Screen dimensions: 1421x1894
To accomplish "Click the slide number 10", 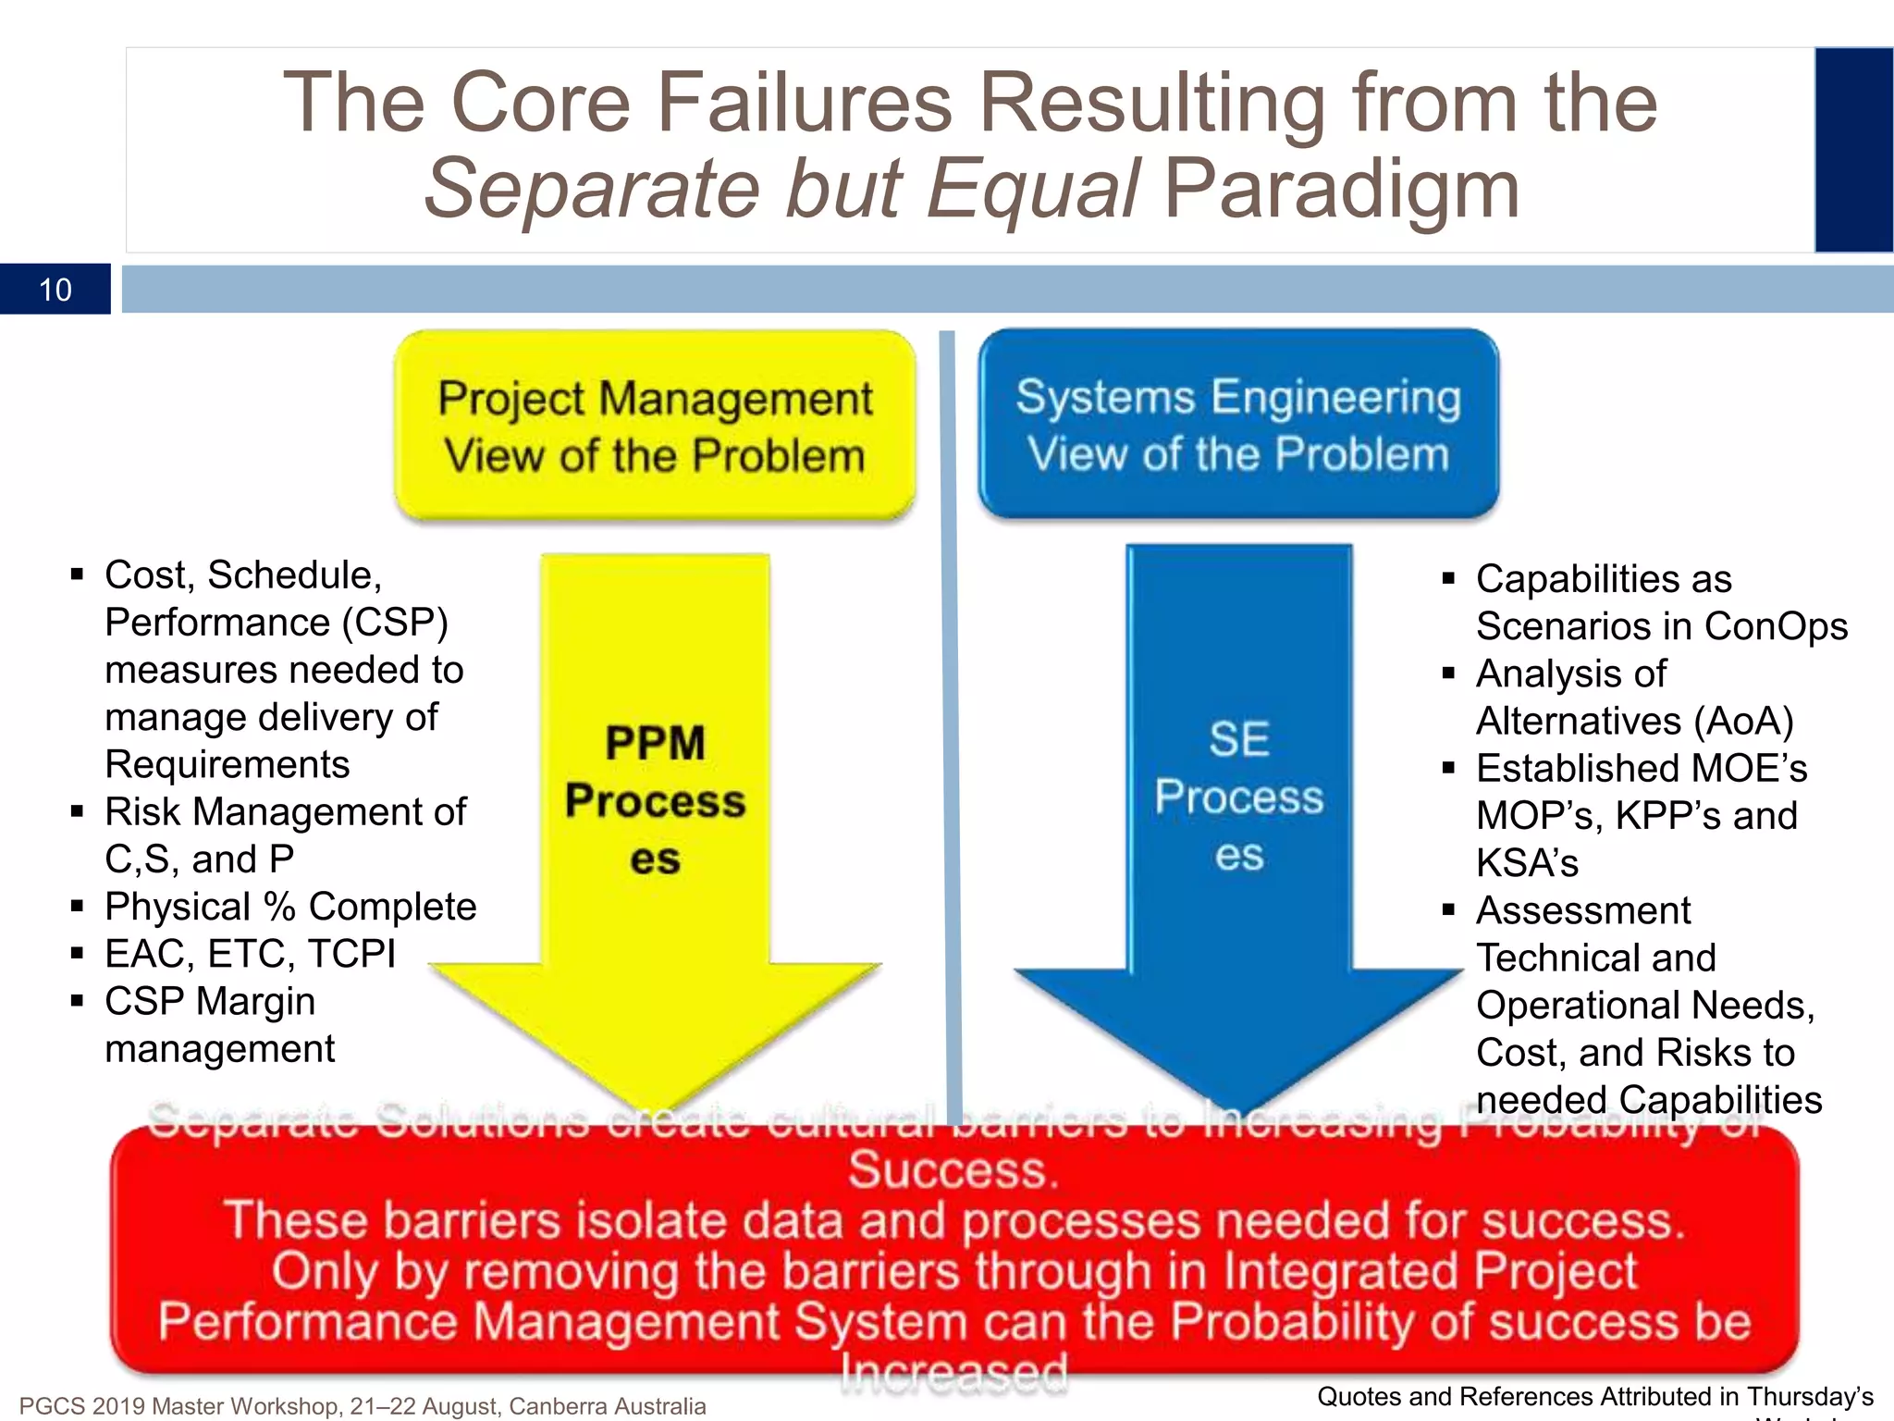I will click(55, 290).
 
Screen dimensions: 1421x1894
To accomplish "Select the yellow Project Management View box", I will click(655, 426).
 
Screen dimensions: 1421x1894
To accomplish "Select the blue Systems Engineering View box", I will click(1238, 424).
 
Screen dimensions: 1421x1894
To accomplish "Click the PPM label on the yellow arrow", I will click(655, 743).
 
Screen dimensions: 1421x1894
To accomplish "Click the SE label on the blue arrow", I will click(1239, 739).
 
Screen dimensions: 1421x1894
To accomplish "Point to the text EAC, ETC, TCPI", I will click(250, 954).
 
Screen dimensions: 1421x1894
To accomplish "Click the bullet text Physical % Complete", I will click(290, 907).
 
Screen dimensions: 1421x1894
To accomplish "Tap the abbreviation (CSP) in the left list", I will click(395, 623).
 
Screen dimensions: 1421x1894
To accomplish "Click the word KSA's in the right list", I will click(1527, 863).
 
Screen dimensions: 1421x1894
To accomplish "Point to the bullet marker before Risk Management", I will click(78, 812).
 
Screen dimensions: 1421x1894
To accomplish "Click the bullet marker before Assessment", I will click(1448, 910).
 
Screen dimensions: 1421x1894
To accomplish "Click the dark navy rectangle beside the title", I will click(1853, 150).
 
